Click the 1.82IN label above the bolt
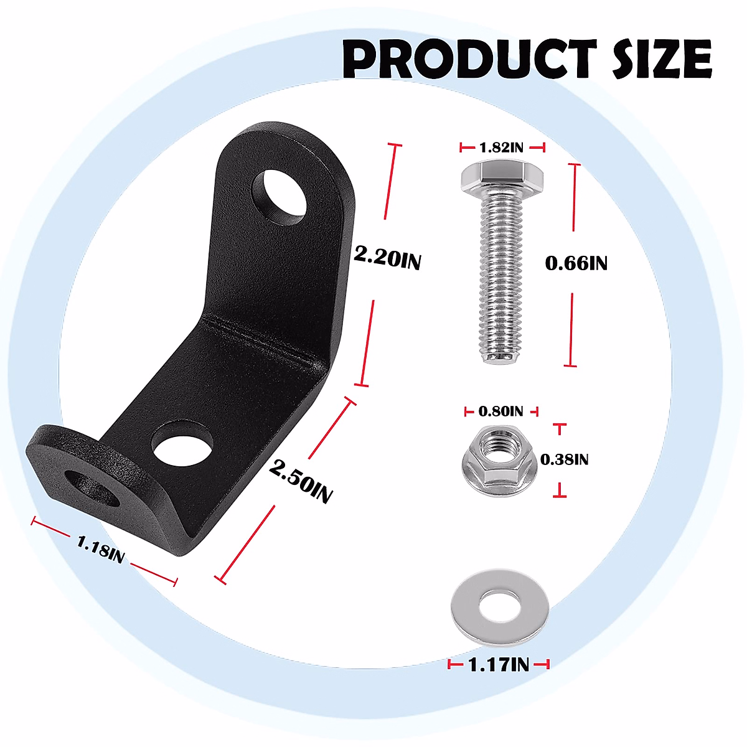pos(502,148)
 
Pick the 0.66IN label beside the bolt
pos(576,263)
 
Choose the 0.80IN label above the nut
pos(501,411)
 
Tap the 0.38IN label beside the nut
pos(564,459)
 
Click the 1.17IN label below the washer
pos(499,665)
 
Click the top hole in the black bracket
pos(280,195)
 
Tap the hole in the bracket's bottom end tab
pos(93,488)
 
